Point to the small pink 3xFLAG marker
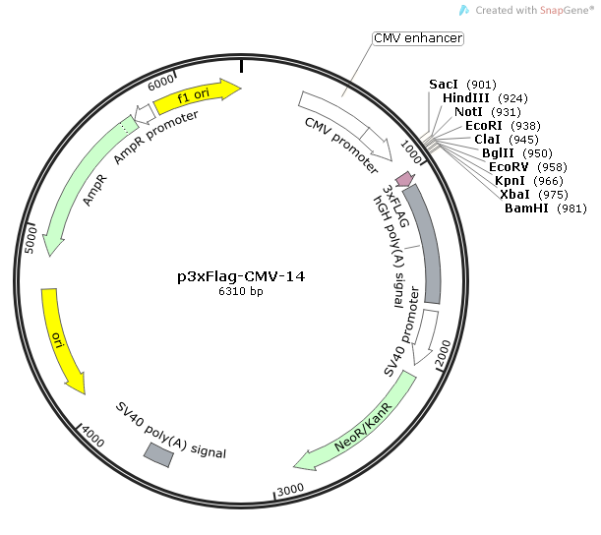pos(402,167)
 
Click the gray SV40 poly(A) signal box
pos(159,453)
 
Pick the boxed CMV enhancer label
pos(418,38)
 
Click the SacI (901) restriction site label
pos(462,85)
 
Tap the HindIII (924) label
pos(485,98)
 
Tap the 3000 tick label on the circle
pos(289,490)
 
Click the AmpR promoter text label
pos(155,138)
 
